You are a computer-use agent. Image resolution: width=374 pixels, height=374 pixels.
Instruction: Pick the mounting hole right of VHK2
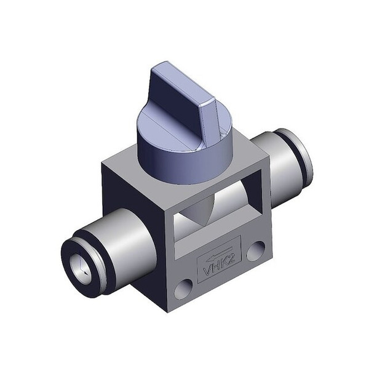[255, 250]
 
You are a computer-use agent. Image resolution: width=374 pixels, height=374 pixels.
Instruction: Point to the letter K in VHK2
[225, 263]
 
